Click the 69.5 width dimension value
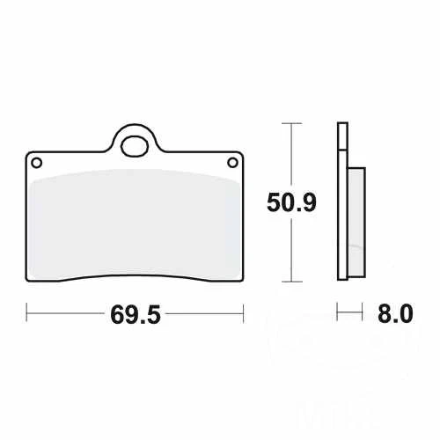pos(135,313)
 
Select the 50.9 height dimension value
pos(290,203)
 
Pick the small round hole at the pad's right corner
pos(233,161)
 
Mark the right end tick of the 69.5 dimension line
pos(242,312)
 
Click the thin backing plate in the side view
pos(340,202)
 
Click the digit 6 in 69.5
pos(115,313)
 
